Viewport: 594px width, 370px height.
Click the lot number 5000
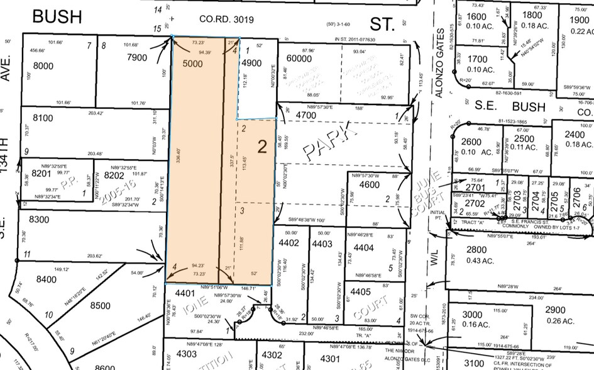(x=194, y=64)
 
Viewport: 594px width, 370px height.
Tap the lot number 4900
(x=251, y=63)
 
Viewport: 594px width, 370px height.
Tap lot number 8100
(x=45, y=118)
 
